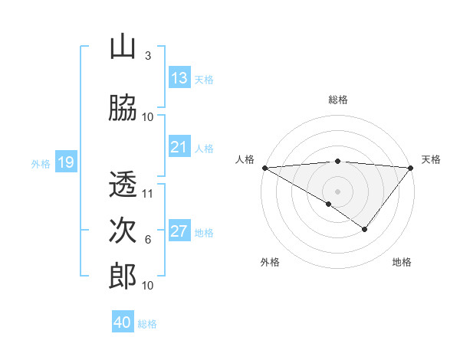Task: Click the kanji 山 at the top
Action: [123, 47]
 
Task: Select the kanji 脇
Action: [123, 107]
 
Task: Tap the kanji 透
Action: [123, 185]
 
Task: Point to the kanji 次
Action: [123, 230]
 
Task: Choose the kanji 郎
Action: [123, 276]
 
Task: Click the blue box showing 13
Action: [179, 78]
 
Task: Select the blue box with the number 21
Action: [179, 147]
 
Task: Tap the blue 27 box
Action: [179, 231]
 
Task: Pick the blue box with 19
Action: [65, 162]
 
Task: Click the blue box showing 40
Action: [123, 322]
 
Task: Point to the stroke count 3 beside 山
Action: [148, 56]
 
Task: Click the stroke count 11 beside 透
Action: [148, 194]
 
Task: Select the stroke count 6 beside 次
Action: [148, 240]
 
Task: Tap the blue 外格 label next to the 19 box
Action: [41, 163]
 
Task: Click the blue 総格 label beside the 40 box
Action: [147, 324]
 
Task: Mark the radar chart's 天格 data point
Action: [411, 167]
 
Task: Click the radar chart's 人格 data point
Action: [264, 167]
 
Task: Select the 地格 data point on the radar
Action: [365, 229]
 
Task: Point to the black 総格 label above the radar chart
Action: [338, 100]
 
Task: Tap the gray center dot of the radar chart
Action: [338, 191]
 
